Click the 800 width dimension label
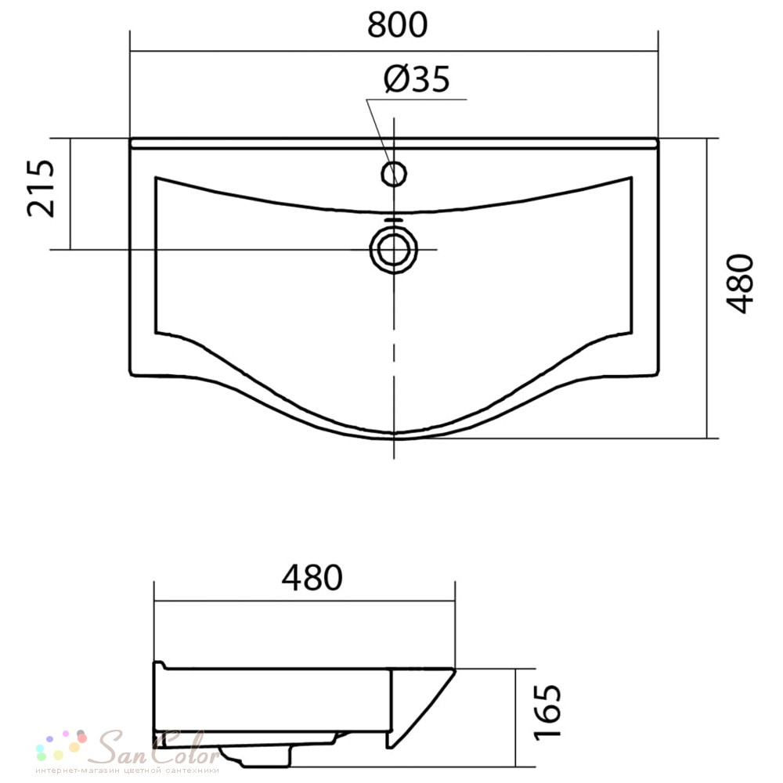coord(397,25)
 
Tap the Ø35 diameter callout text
coord(417,79)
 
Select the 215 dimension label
coord(41,188)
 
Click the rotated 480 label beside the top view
coord(740,283)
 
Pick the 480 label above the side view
coord(312,578)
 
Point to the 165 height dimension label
coord(548,712)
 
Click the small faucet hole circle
coord(394,174)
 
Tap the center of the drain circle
coord(394,249)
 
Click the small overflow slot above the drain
coord(394,218)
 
